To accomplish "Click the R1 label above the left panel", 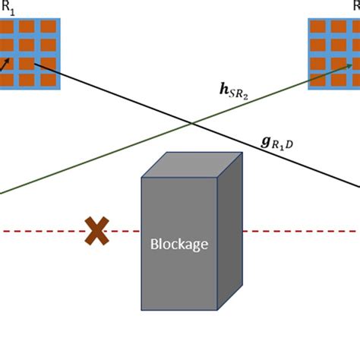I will [x=8, y=8].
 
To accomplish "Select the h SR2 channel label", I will [x=233, y=92].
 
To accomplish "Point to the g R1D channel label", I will [x=279, y=142].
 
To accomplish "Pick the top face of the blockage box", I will [x=191, y=165].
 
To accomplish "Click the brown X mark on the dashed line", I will [x=96, y=230].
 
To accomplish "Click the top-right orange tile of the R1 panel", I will [x=48, y=27].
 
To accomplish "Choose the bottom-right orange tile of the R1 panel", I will [x=48, y=80].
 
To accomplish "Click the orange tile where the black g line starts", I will [x=28, y=62].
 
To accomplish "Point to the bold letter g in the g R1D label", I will [x=265, y=141].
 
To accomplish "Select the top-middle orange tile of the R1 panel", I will [x=28, y=27].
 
